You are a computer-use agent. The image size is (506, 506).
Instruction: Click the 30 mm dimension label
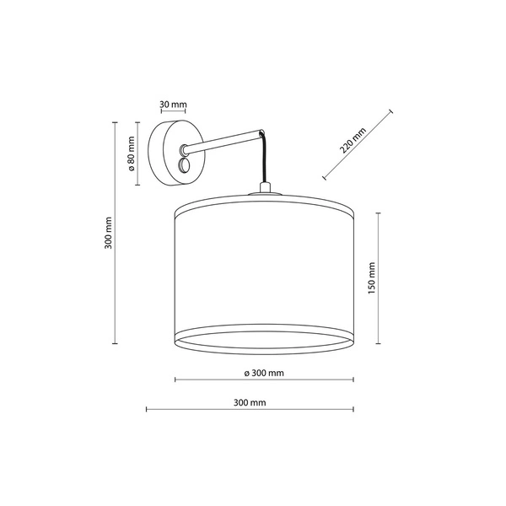(x=173, y=105)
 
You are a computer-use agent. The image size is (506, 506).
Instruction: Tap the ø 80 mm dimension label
(x=131, y=153)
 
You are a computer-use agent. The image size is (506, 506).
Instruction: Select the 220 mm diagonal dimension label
(x=353, y=140)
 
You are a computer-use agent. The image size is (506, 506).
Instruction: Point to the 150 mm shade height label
(x=372, y=277)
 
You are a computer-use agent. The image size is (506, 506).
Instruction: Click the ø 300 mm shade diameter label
(x=264, y=373)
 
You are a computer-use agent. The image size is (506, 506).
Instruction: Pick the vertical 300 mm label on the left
(x=109, y=233)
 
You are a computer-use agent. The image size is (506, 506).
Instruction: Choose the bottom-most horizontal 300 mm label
(x=250, y=403)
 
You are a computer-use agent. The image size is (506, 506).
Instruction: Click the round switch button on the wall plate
(x=186, y=166)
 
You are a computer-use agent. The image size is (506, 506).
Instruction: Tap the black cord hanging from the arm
(x=264, y=159)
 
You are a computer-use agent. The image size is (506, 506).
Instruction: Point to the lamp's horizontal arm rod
(x=223, y=142)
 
